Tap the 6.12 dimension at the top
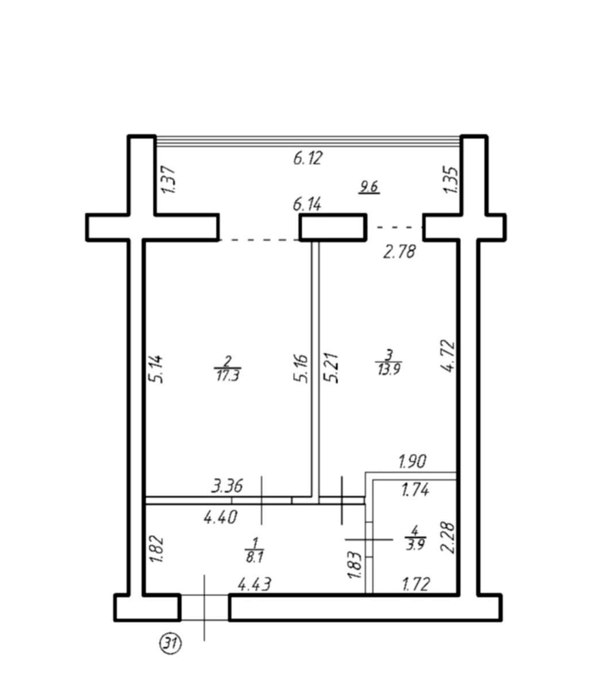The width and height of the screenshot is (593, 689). coord(307,158)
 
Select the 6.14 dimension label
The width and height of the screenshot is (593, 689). coord(307,204)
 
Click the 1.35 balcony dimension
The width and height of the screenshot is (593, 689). coord(450,179)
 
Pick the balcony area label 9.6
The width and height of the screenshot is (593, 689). coord(369,187)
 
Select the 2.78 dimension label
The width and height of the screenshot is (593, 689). coord(399,251)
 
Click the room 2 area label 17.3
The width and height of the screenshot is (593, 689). coord(228,376)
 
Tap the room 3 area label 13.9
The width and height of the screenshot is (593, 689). coord(389,369)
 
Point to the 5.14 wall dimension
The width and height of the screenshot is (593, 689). coord(155,369)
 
